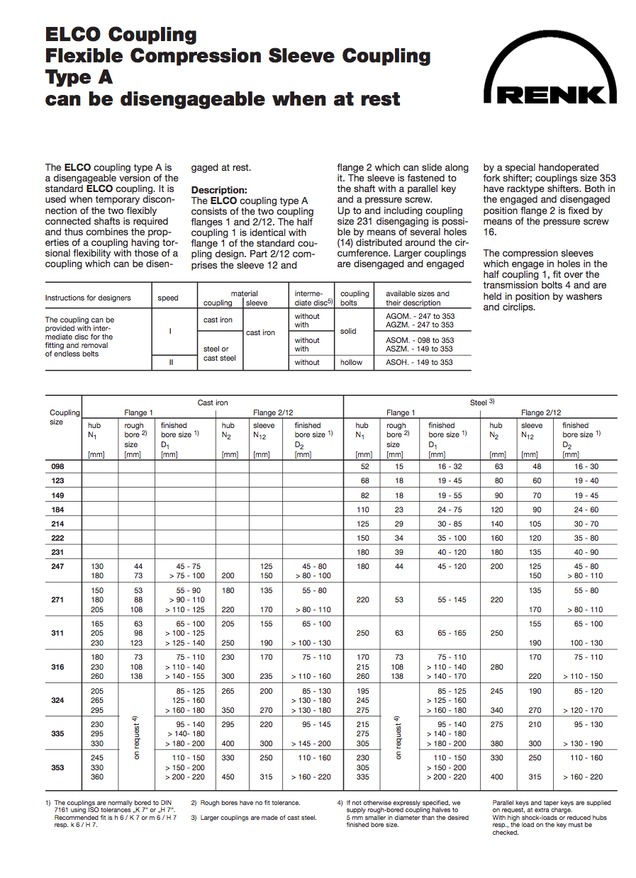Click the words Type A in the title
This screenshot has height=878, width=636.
pyautogui.click(x=79, y=77)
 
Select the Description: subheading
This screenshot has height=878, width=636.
pyautogui.click(x=219, y=191)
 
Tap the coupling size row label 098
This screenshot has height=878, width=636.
pyautogui.click(x=57, y=466)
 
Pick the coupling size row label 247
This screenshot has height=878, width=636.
pyautogui.click(x=57, y=566)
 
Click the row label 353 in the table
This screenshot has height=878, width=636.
pyautogui.click(x=57, y=767)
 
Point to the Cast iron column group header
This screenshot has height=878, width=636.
pyautogui.click(x=212, y=403)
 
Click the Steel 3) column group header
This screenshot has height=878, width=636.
pyautogui.click(x=481, y=403)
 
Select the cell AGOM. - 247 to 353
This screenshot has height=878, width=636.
pyautogui.click(x=420, y=316)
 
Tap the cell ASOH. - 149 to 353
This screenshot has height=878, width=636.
pyautogui.click(x=420, y=362)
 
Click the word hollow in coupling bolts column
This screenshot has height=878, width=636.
pyautogui.click(x=351, y=362)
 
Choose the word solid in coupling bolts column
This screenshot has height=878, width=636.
pyautogui.click(x=348, y=331)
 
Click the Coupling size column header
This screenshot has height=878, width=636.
pyautogui.click(x=65, y=417)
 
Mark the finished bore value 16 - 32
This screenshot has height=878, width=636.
pyautogui.click(x=451, y=466)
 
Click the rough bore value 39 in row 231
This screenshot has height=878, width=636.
pyautogui.click(x=399, y=552)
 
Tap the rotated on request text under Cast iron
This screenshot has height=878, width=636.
pyautogui.click(x=135, y=737)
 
